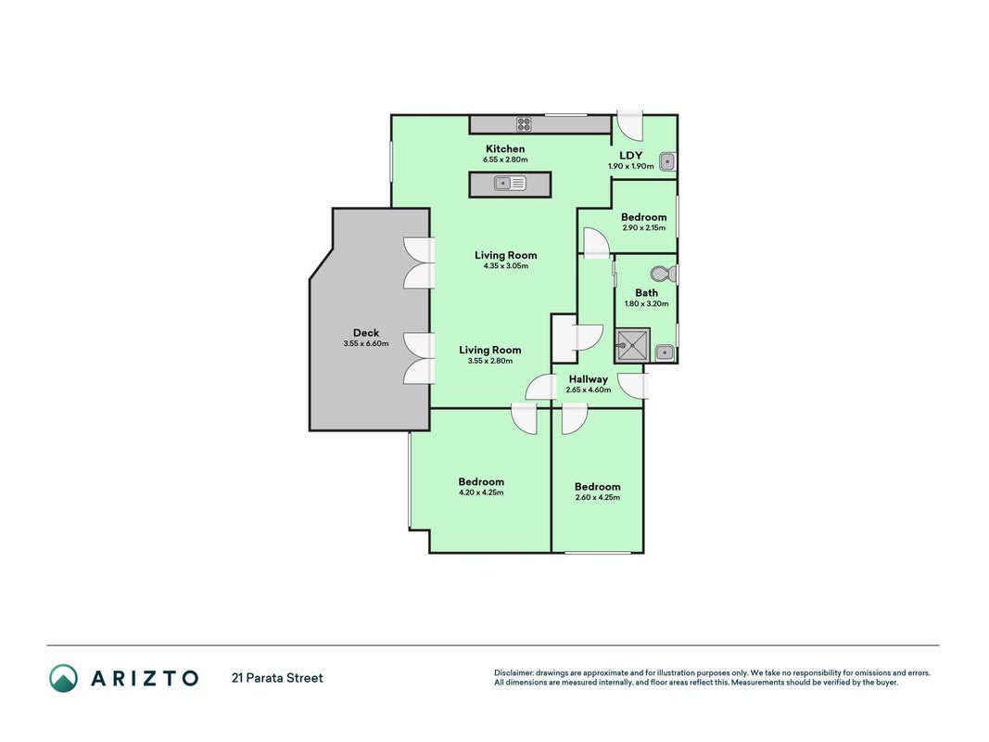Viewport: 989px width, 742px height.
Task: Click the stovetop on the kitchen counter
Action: (x=524, y=124)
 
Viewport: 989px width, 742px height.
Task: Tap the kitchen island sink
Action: (x=510, y=184)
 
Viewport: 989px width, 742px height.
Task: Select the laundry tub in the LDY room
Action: (x=667, y=162)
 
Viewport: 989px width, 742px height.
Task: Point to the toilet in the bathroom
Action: (x=663, y=275)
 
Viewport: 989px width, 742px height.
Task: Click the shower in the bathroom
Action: (x=633, y=345)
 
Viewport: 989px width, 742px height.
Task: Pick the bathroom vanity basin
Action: (x=665, y=352)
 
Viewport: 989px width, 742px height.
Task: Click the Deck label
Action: (x=366, y=333)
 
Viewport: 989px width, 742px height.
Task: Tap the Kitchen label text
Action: (x=505, y=149)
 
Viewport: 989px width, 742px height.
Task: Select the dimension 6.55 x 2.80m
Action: (x=505, y=160)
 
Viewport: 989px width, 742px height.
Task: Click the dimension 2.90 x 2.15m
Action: (x=643, y=228)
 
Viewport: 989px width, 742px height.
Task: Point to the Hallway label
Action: (x=589, y=379)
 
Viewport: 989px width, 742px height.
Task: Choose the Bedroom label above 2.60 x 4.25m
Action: (x=597, y=486)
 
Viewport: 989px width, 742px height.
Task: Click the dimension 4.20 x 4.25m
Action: (x=481, y=493)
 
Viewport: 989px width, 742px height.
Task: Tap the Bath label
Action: (x=646, y=293)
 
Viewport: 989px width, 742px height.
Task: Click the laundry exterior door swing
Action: (x=628, y=125)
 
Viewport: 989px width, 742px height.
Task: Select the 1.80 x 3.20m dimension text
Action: (x=646, y=303)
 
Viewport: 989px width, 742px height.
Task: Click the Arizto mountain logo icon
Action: (x=64, y=678)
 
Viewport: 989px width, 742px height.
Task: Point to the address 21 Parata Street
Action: (x=277, y=678)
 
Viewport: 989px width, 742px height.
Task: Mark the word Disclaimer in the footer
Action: (x=514, y=673)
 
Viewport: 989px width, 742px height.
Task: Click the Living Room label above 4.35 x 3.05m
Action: (x=506, y=255)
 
